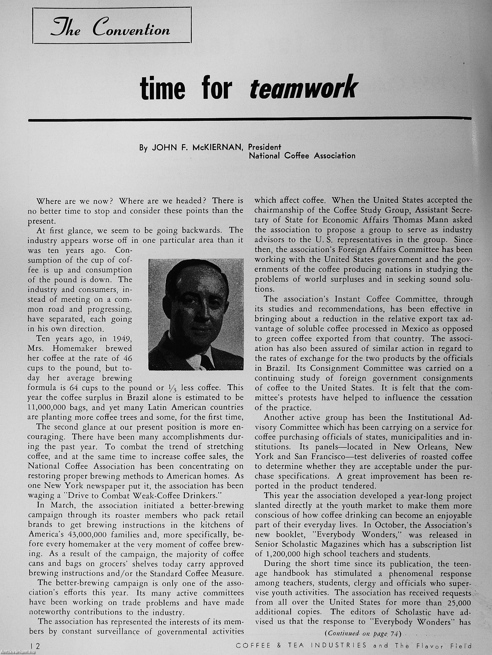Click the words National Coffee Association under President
pyautogui.click(x=302, y=155)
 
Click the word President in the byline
pyautogui.click(x=264, y=147)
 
